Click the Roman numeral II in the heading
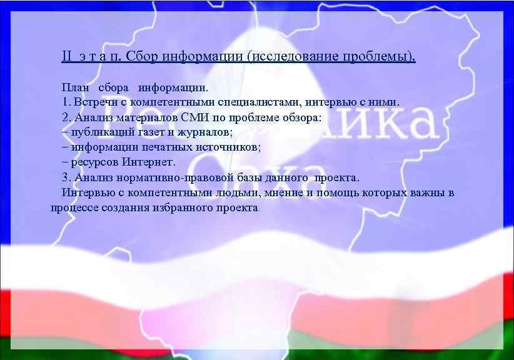point(67,57)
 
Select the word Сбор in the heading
point(141,57)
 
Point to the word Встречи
point(95,101)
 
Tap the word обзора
point(302,116)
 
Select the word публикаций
point(102,132)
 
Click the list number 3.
point(65,177)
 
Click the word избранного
point(182,207)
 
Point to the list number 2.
point(65,116)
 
